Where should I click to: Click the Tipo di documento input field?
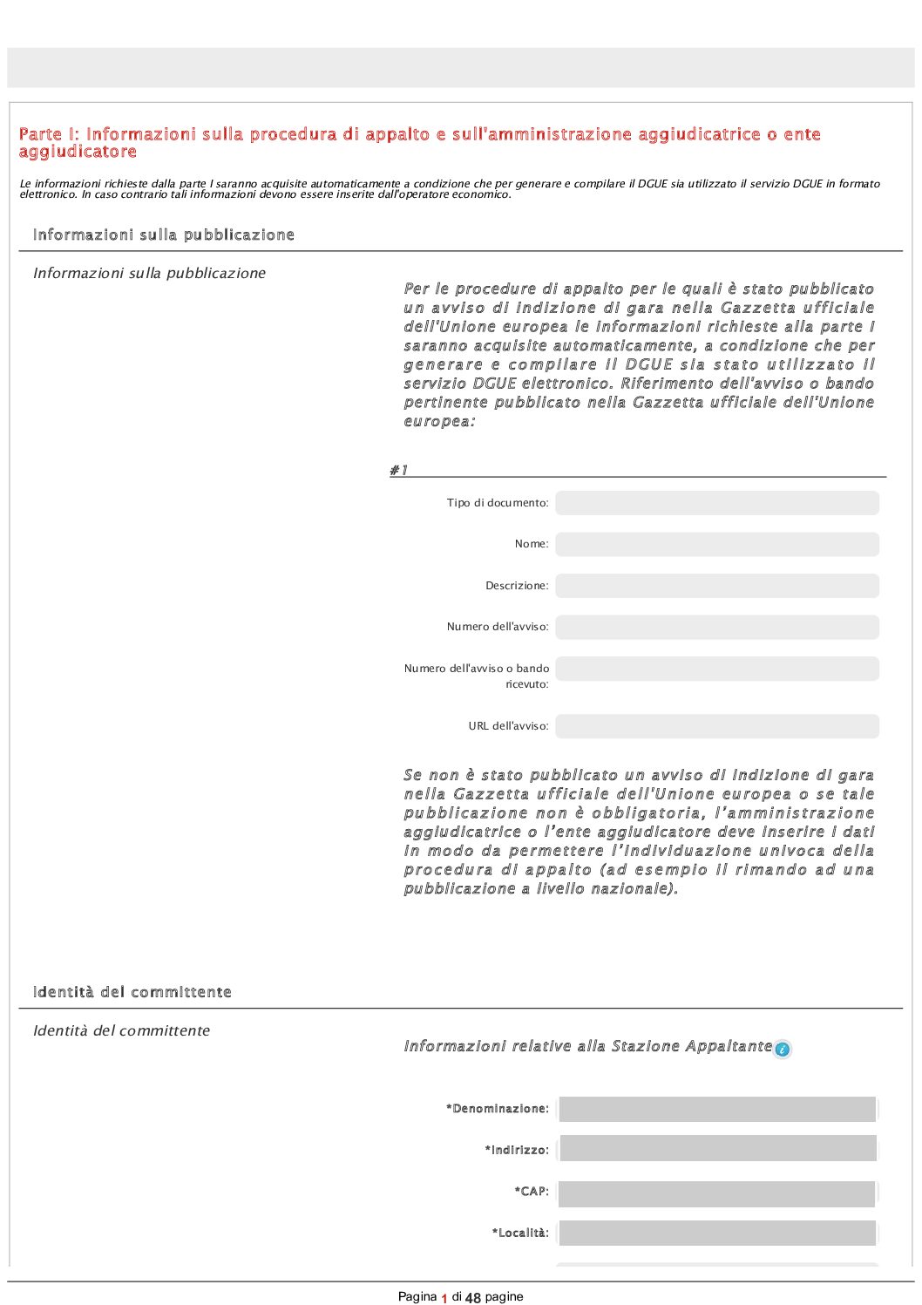[716, 503]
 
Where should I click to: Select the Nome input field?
[716, 544]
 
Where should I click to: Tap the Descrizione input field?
[716, 586]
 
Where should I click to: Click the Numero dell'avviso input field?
[716, 627]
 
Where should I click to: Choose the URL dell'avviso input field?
[716, 726]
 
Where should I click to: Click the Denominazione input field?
[716, 1109]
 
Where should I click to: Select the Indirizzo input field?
[716, 1149]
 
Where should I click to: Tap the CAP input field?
[716, 1193]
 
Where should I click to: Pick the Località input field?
[716, 1234]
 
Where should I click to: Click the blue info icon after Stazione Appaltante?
[782, 1050]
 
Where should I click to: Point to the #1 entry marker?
[398, 470]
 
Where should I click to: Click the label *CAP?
[532, 1192]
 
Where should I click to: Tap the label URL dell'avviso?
[508, 726]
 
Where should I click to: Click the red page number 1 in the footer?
[444, 1298]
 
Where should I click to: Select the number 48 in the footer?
[473, 1298]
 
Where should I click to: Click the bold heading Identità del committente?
[132, 992]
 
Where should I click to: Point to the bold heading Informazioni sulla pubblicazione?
[163, 234]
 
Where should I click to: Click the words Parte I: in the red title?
[49, 134]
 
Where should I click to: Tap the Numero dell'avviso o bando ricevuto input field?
[716, 669]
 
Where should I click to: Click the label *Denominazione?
[498, 1109]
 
